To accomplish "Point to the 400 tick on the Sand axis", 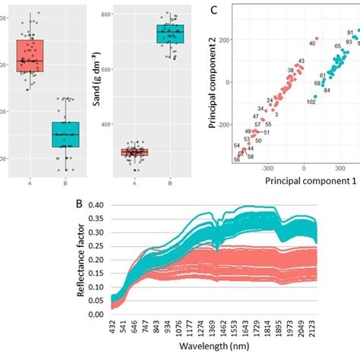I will (x=114, y=125).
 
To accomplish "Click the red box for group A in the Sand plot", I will (x=134, y=152).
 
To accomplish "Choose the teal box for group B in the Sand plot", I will (x=170, y=34).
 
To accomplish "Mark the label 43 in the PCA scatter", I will (x=301, y=62).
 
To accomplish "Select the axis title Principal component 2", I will (x=210, y=92).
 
